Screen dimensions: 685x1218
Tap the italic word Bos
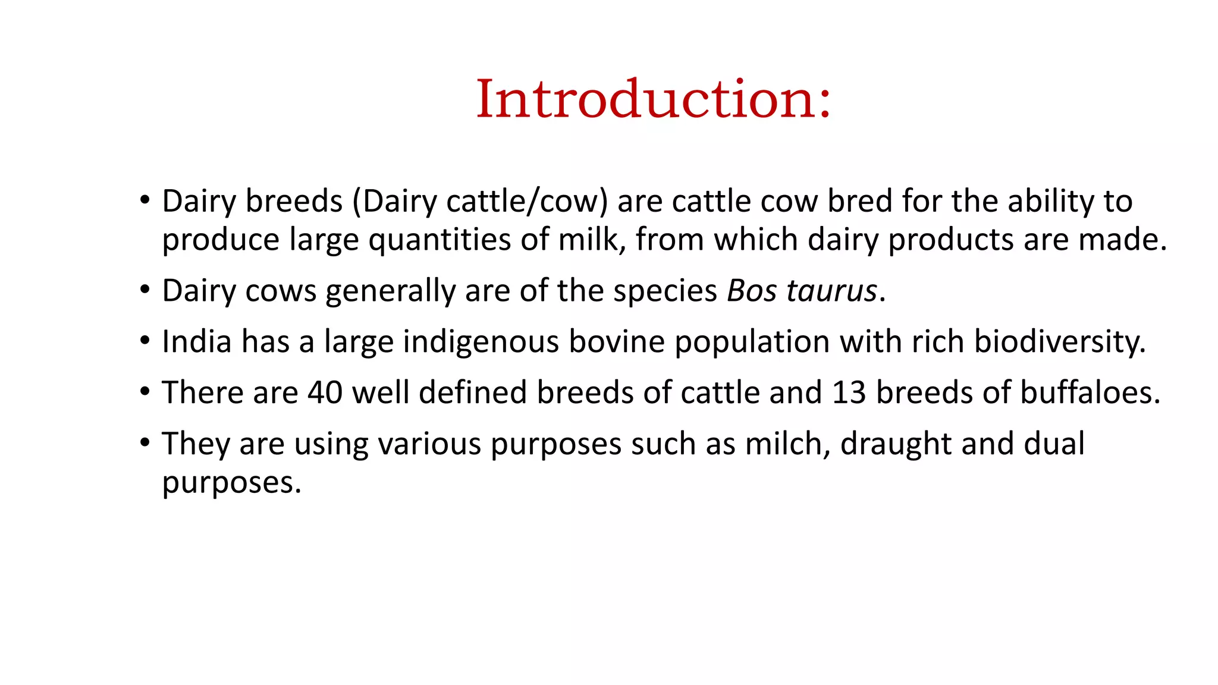pyautogui.click(x=752, y=291)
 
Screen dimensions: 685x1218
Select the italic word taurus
pyautogui.click(x=831, y=291)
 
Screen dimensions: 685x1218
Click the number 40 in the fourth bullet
pyautogui.click(x=325, y=392)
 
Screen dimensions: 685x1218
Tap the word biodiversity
pyautogui.click(x=1059, y=342)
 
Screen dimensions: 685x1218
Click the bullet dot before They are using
pyautogui.click(x=145, y=443)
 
